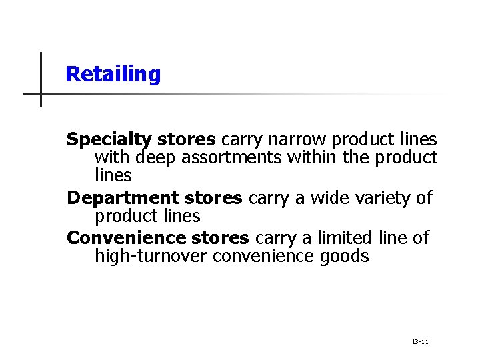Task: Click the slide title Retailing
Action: pyautogui.click(x=113, y=74)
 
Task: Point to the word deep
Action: pyautogui.click(x=157, y=158)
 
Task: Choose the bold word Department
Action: pyautogui.click(x=123, y=198)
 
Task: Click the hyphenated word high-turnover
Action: pyautogui.click(x=151, y=256)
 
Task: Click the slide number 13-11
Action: pyautogui.click(x=420, y=342)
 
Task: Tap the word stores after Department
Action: pyautogui.click(x=213, y=198)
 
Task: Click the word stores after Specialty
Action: pyautogui.click(x=186, y=140)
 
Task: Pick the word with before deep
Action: pyautogui.click(x=113, y=158)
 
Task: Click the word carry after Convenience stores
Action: pyautogui.click(x=275, y=238)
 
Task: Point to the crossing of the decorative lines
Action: pyautogui.click(x=41, y=94)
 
